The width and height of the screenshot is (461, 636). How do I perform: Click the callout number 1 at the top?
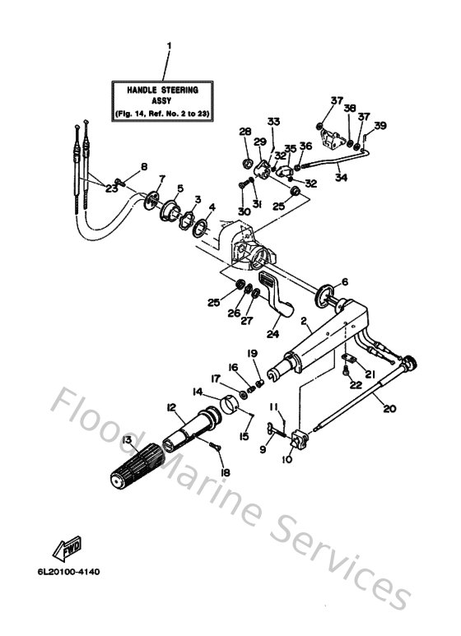170,45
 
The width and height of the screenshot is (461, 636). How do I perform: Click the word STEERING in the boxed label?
179,90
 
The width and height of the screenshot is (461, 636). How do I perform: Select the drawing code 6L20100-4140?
68,572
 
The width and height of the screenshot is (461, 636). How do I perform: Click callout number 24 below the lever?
272,333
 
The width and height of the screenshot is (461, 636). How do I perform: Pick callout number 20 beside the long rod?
389,408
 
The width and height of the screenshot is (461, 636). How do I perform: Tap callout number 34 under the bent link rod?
342,177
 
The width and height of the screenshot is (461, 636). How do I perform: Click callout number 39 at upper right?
380,126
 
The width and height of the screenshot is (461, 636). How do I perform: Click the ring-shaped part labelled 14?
230,405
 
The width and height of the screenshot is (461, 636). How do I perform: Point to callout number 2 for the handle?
304,321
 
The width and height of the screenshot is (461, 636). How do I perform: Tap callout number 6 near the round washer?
345,281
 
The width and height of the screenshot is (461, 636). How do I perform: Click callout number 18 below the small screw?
226,472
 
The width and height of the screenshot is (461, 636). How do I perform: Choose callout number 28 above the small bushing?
245,132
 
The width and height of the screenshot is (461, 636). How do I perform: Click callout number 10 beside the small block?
287,460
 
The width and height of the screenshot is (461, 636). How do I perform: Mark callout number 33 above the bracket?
273,121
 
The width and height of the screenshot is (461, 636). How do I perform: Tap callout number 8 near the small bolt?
144,166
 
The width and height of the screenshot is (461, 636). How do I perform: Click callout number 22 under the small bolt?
356,384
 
